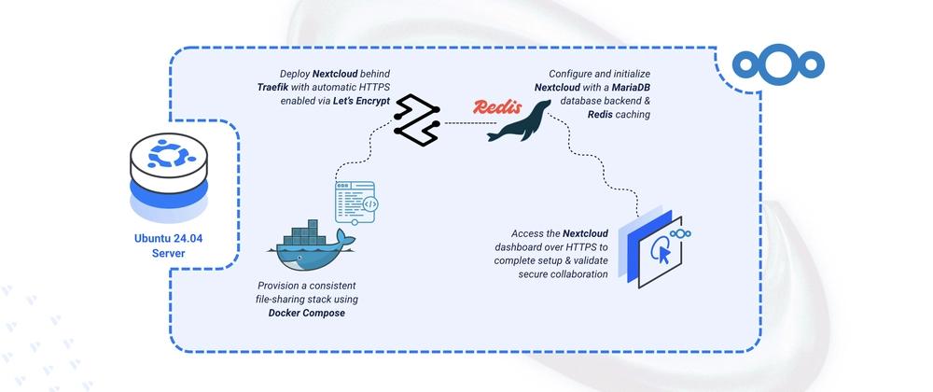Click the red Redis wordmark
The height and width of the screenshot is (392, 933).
pyautogui.click(x=497, y=107)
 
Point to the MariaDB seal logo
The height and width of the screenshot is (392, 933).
pyautogui.click(x=519, y=120)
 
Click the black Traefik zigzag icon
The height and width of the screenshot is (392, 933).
pyautogui.click(x=416, y=119)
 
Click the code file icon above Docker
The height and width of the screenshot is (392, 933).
pyautogui.click(x=355, y=203)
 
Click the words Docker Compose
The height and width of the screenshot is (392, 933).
pyautogui.click(x=306, y=313)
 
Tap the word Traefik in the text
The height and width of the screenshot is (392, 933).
pyautogui.click(x=272, y=88)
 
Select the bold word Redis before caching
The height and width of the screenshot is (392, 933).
pyautogui.click(x=601, y=114)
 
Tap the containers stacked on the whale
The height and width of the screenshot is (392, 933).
pyautogui.click(x=308, y=232)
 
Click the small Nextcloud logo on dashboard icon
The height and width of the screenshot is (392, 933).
pyautogui.click(x=679, y=233)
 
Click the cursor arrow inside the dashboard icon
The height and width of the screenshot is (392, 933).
pyautogui.click(x=664, y=255)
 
